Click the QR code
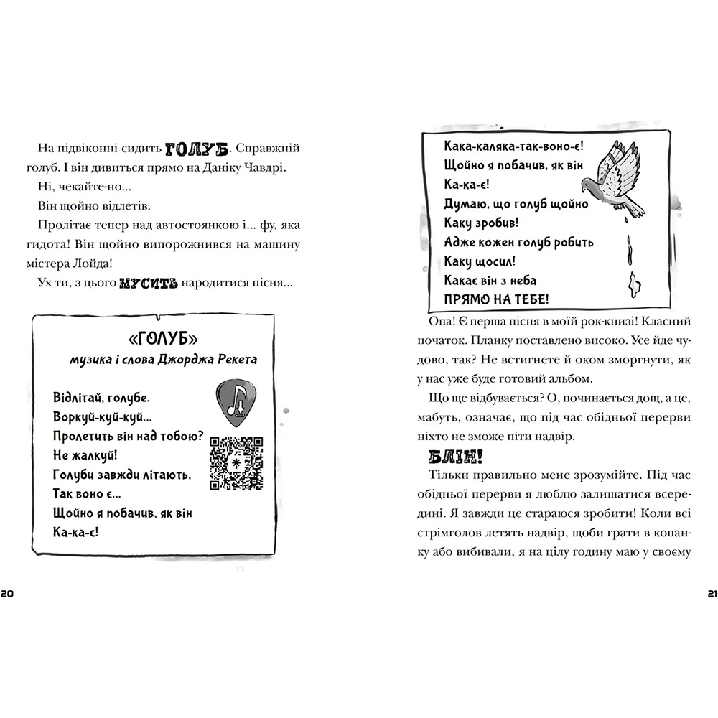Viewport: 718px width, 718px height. coord(236,462)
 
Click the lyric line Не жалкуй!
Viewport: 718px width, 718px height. coord(85,455)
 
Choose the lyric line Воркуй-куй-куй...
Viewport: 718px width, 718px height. coord(102,416)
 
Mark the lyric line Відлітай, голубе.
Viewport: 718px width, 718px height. coord(106,397)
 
